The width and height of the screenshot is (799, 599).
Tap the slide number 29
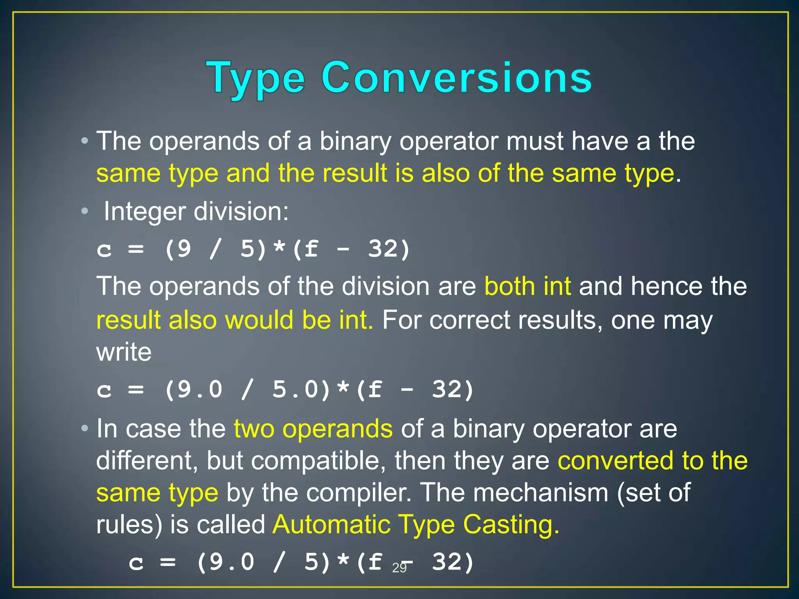pyautogui.click(x=399, y=568)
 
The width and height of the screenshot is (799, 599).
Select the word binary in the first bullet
pyautogui.click(x=355, y=141)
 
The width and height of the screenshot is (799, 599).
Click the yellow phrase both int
pyautogui.click(x=527, y=286)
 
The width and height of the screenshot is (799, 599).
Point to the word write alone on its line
pyautogui.click(x=124, y=352)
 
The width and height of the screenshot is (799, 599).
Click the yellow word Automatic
pyautogui.click(x=331, y=525)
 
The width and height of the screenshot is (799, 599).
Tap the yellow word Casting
pyautogui.click(x=511, y=525)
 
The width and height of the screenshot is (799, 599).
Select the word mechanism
pyautogui.click(x=540, y=493)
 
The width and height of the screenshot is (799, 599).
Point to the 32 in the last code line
pyautogui.click(x=447, y=562)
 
